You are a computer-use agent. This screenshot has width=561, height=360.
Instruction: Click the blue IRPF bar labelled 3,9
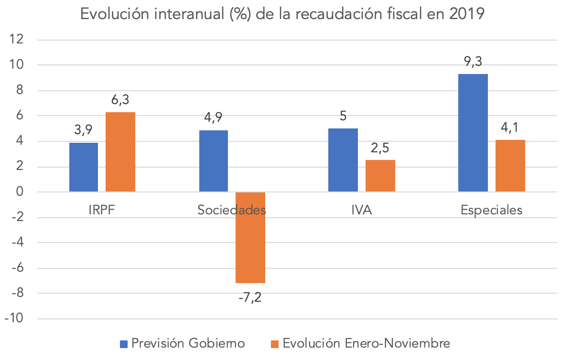[84, 167]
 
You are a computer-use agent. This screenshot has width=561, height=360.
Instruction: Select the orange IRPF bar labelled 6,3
[120, 152]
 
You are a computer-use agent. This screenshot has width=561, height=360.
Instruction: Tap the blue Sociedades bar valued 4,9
[213, 161]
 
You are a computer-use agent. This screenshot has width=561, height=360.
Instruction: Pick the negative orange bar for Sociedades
[250, 237]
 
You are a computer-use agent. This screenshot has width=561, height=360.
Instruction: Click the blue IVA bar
[343, 160]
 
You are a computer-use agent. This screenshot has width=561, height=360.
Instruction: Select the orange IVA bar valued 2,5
[380, 176]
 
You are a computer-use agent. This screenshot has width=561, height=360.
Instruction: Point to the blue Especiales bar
[473, 133]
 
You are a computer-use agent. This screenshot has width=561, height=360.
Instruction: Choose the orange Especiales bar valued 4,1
[510, 166]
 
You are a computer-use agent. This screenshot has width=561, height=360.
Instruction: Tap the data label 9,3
[473, 62]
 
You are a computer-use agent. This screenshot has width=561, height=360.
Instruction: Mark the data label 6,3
[120, 100]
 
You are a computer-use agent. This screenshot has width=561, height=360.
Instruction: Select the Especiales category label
[492, 210]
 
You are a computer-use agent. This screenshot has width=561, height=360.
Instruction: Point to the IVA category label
[362, 210]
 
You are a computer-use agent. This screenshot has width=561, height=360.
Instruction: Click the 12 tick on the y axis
[17, 40]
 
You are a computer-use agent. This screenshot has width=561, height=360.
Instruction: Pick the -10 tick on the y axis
[14, 319]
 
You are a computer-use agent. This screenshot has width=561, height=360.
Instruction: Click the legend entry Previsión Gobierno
[183, 343]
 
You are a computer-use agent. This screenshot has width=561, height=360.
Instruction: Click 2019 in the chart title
[466, 14]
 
